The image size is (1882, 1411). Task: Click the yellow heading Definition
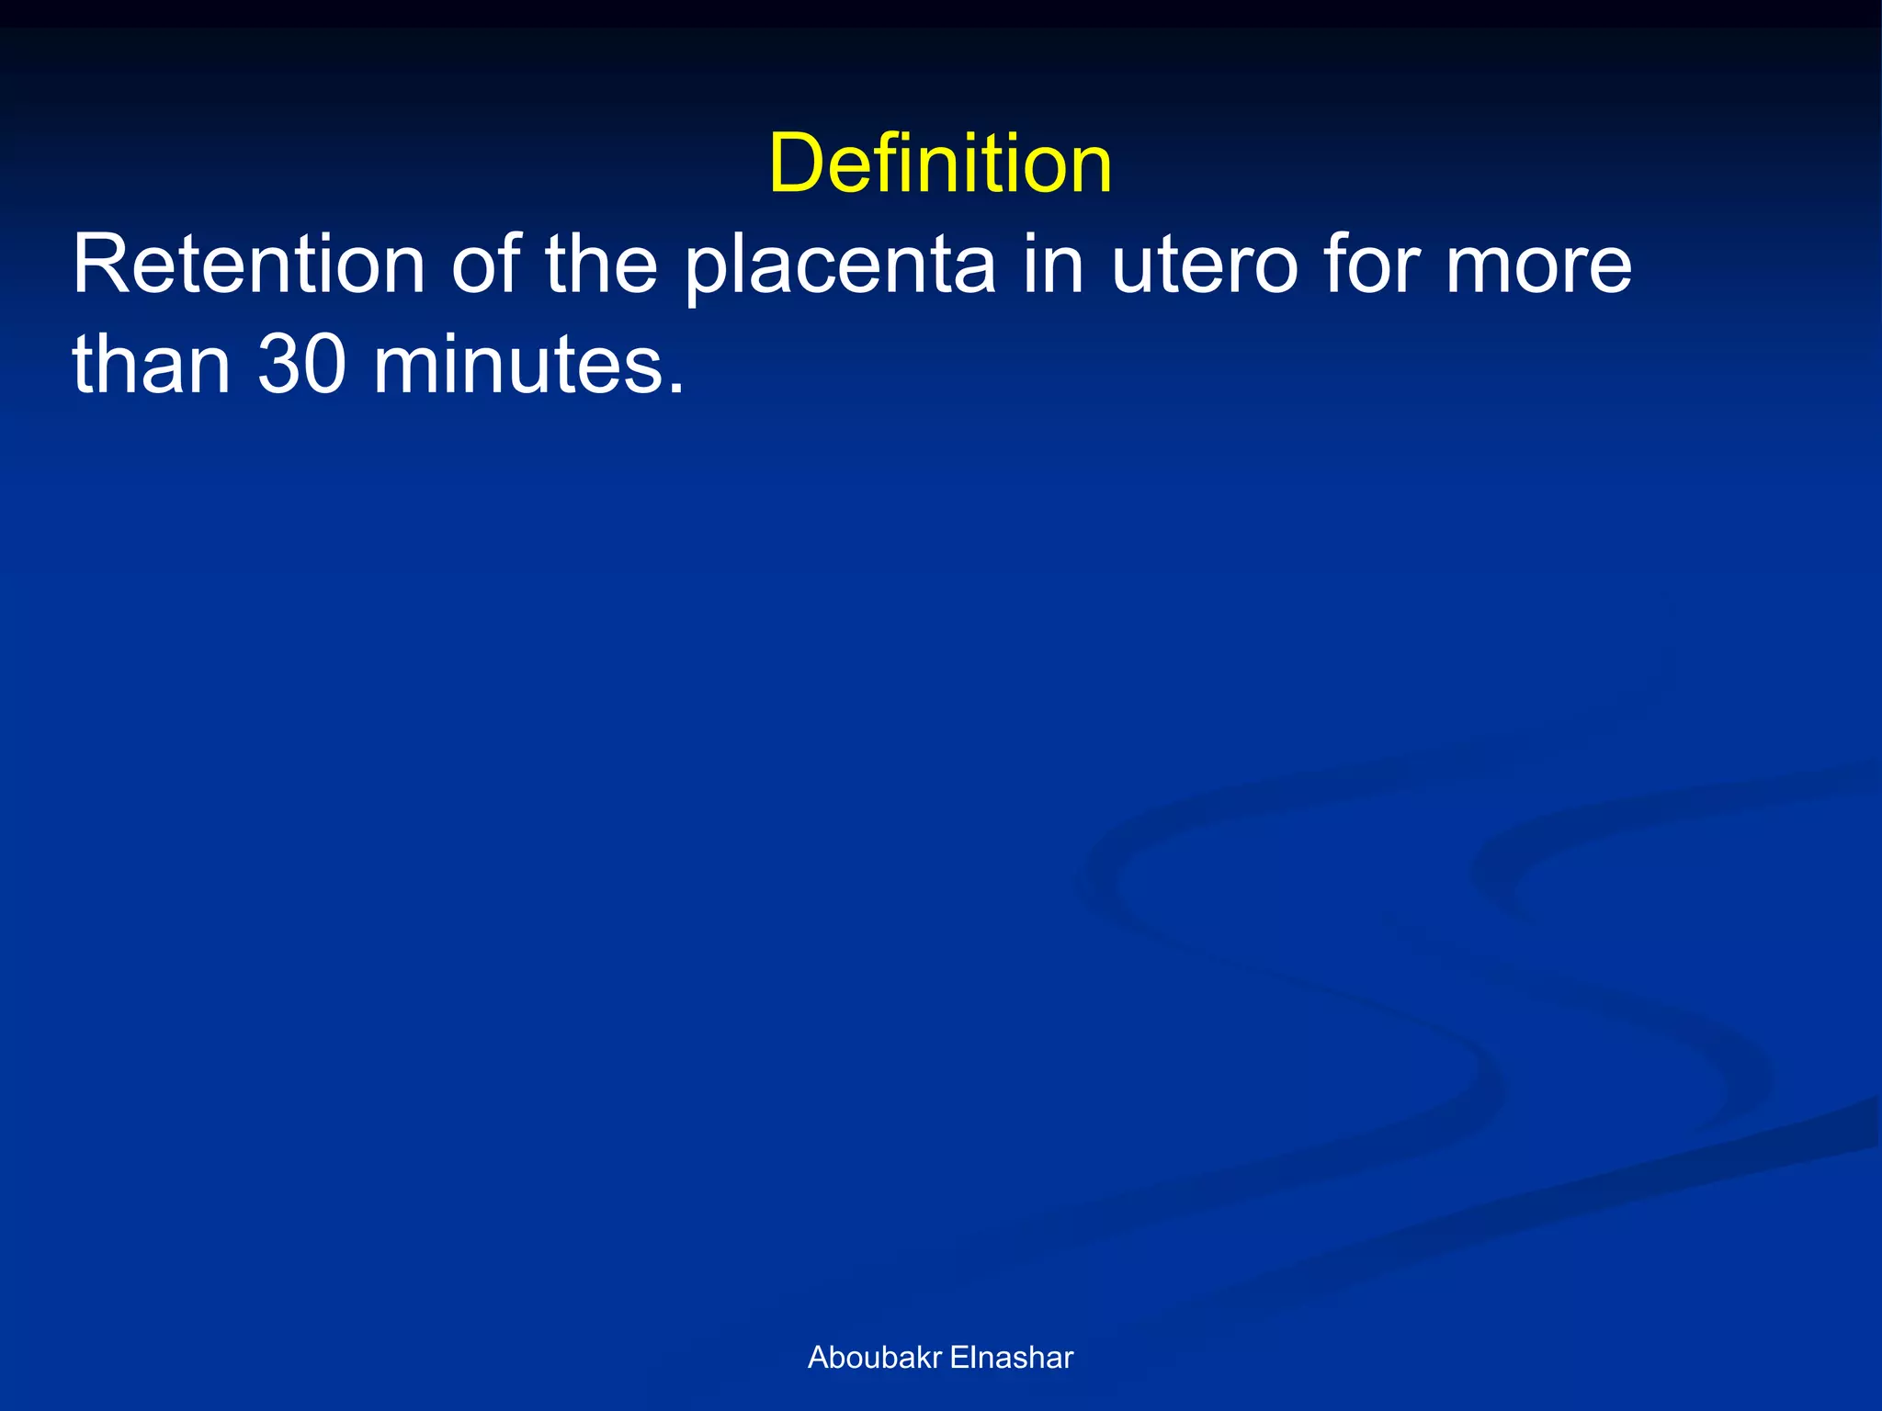point(940,164)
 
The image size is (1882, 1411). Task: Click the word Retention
point(249,265)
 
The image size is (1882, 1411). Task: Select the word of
point(485,265)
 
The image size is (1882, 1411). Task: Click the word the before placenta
point(602,265)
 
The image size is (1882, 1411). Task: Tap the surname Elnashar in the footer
point(1011,1358)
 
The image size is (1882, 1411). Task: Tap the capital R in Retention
point(100,265)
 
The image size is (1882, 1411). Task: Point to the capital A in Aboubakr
point(817,1358)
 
